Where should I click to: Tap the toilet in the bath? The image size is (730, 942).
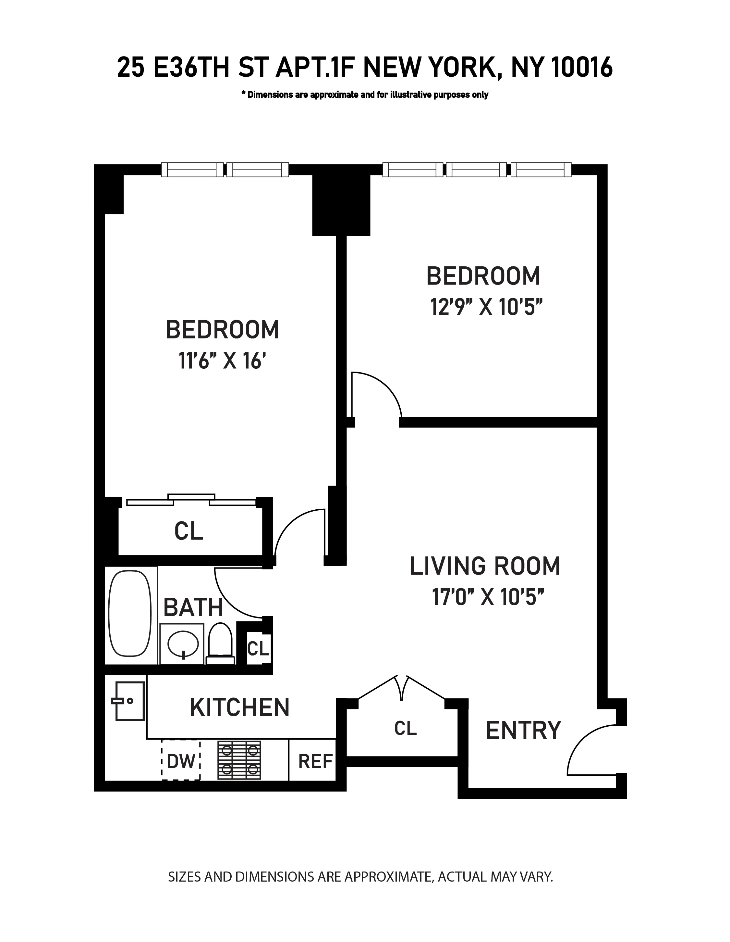click(x=220, y=642)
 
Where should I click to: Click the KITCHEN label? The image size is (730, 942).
click(x=239, y=707)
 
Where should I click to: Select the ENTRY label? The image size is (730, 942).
click(x=523, y=730)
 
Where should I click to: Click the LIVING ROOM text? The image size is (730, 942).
click(x=484, y=566)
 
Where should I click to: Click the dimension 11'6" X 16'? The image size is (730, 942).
click(x=221, y=361)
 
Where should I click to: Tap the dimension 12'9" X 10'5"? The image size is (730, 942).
click(x=486, y=308)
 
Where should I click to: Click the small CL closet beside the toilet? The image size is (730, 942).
click(x=258, y=648)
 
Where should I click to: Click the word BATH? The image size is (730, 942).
click(x=193, y=607)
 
